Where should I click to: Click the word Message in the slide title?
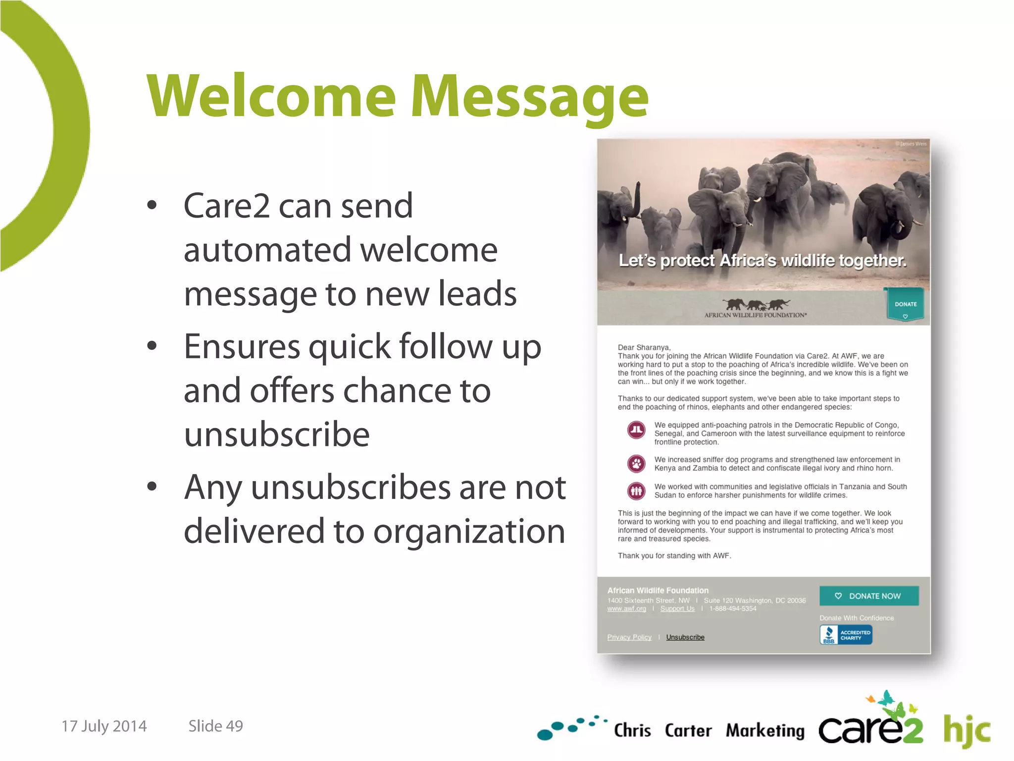pos(530,97)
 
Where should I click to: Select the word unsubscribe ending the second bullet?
pos(277,435)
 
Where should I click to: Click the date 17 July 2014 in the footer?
pos(104,726)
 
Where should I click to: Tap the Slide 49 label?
pos(215,726)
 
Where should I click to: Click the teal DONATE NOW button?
pos(869,596)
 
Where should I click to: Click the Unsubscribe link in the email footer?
pos(685,637)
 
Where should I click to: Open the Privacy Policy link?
pos(629,637)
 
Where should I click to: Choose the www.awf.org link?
pos(626,608)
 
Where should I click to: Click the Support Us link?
pos(677,608)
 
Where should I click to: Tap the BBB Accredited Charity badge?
pos(846,635)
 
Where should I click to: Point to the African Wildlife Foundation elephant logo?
pos(756,307)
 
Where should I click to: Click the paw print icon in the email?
pos(636,464)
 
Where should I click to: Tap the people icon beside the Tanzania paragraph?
pos(636,491)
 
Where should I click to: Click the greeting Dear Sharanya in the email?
pos(644,347)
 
